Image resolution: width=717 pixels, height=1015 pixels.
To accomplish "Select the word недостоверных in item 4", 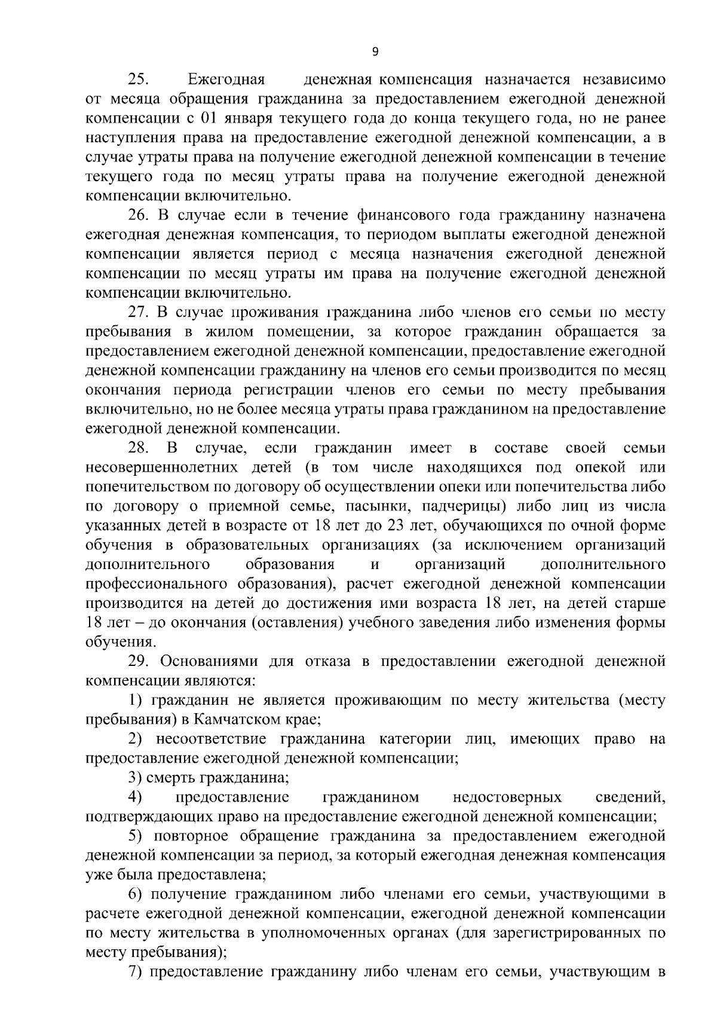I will pyautogui.click(x=507, y=797).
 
